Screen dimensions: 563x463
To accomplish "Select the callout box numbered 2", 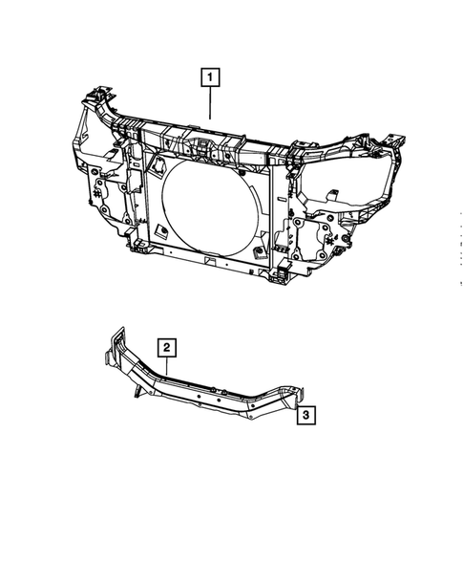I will (x=166, y=347).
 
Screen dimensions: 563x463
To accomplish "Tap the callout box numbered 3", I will (x=305, y=415).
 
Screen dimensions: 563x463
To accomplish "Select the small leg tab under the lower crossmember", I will (x=139, y=390).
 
